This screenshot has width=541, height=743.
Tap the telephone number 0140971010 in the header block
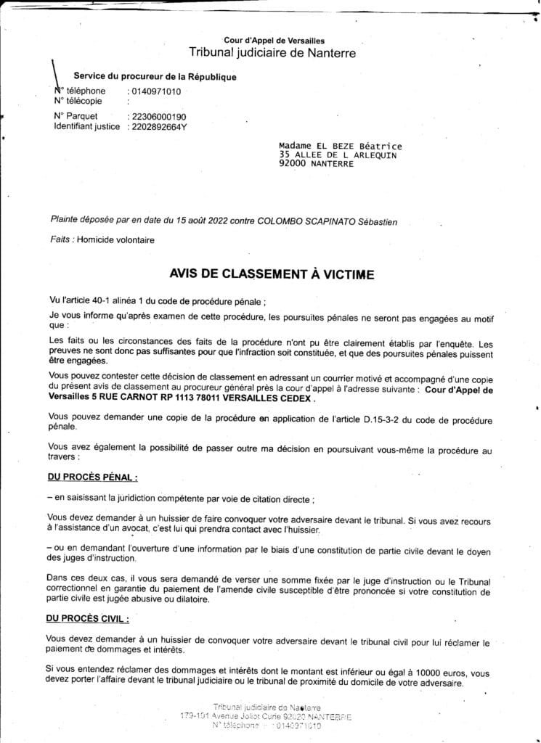[155, 91]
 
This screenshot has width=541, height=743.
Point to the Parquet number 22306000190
[157, 116]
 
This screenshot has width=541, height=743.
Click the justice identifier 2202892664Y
[157, 126]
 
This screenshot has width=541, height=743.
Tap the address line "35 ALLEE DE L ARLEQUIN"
[338, 155]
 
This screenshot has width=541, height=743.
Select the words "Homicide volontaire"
[115, 240]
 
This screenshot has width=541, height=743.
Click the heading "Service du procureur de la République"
[155, 77]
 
